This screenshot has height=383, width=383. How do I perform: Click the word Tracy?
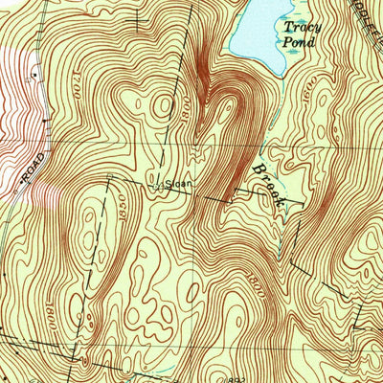(303, 28)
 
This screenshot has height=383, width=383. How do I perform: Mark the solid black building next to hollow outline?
(34, 73)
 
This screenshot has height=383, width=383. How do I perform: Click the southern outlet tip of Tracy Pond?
(278, 77)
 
